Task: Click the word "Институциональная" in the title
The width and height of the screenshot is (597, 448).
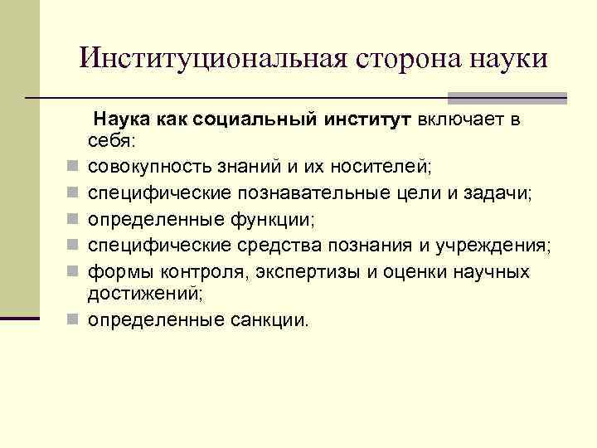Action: pyautogui.click(x=212, y=58)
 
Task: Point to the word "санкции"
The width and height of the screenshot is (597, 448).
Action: pyautogui.click(x=262, y=319)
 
